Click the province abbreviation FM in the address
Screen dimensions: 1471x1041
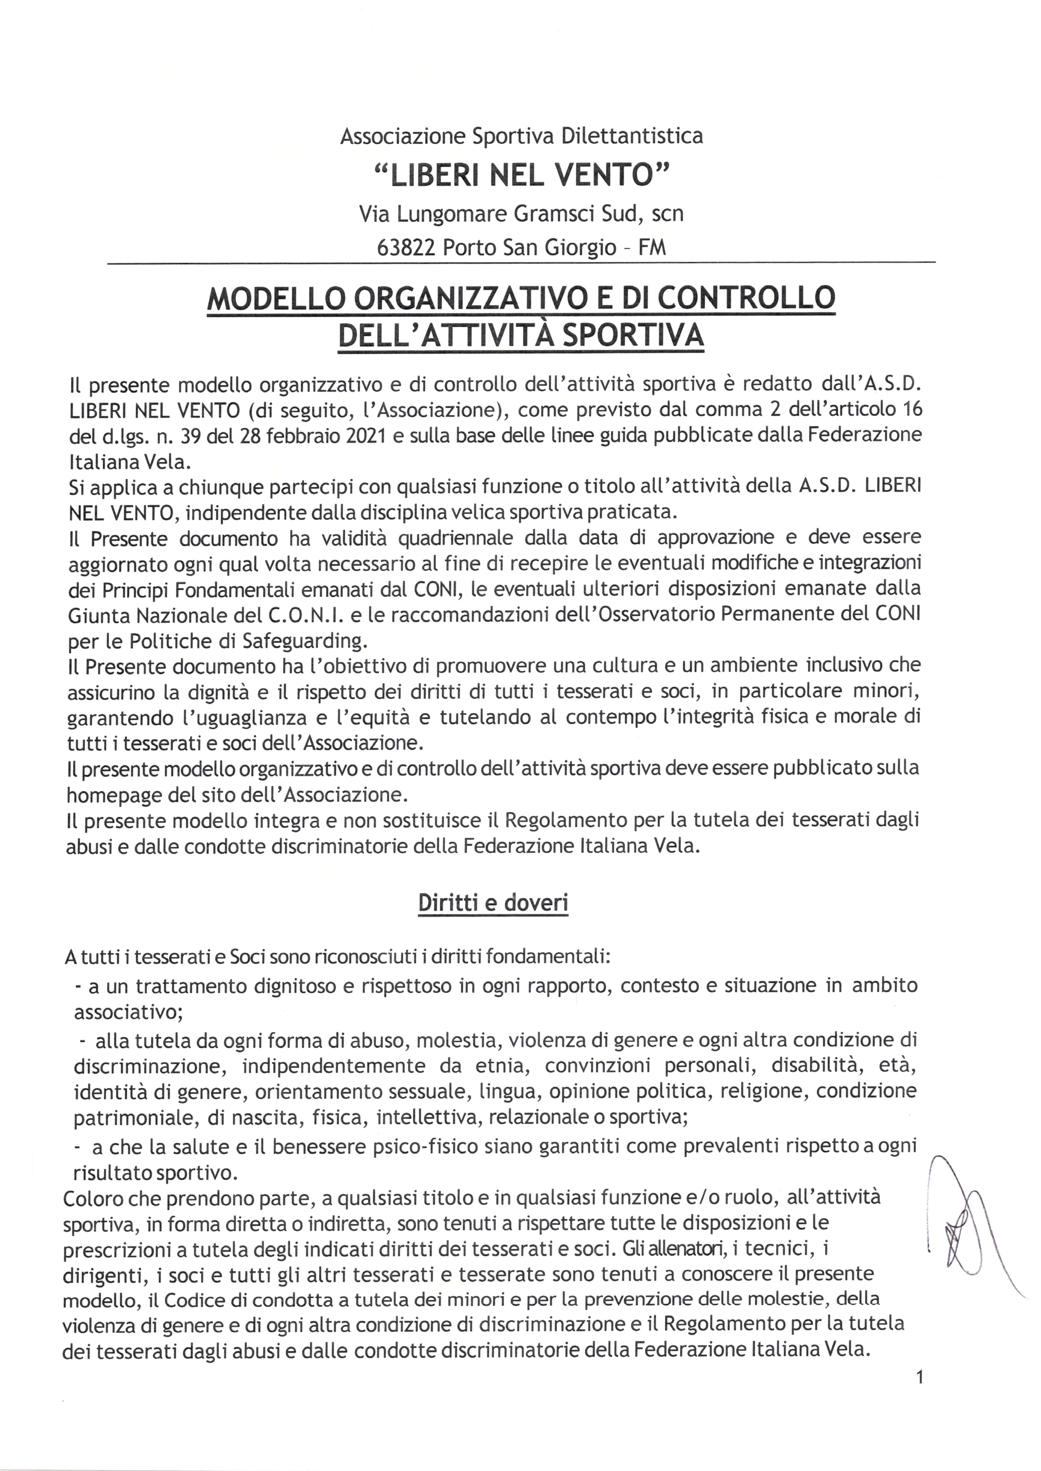(652, 247)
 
